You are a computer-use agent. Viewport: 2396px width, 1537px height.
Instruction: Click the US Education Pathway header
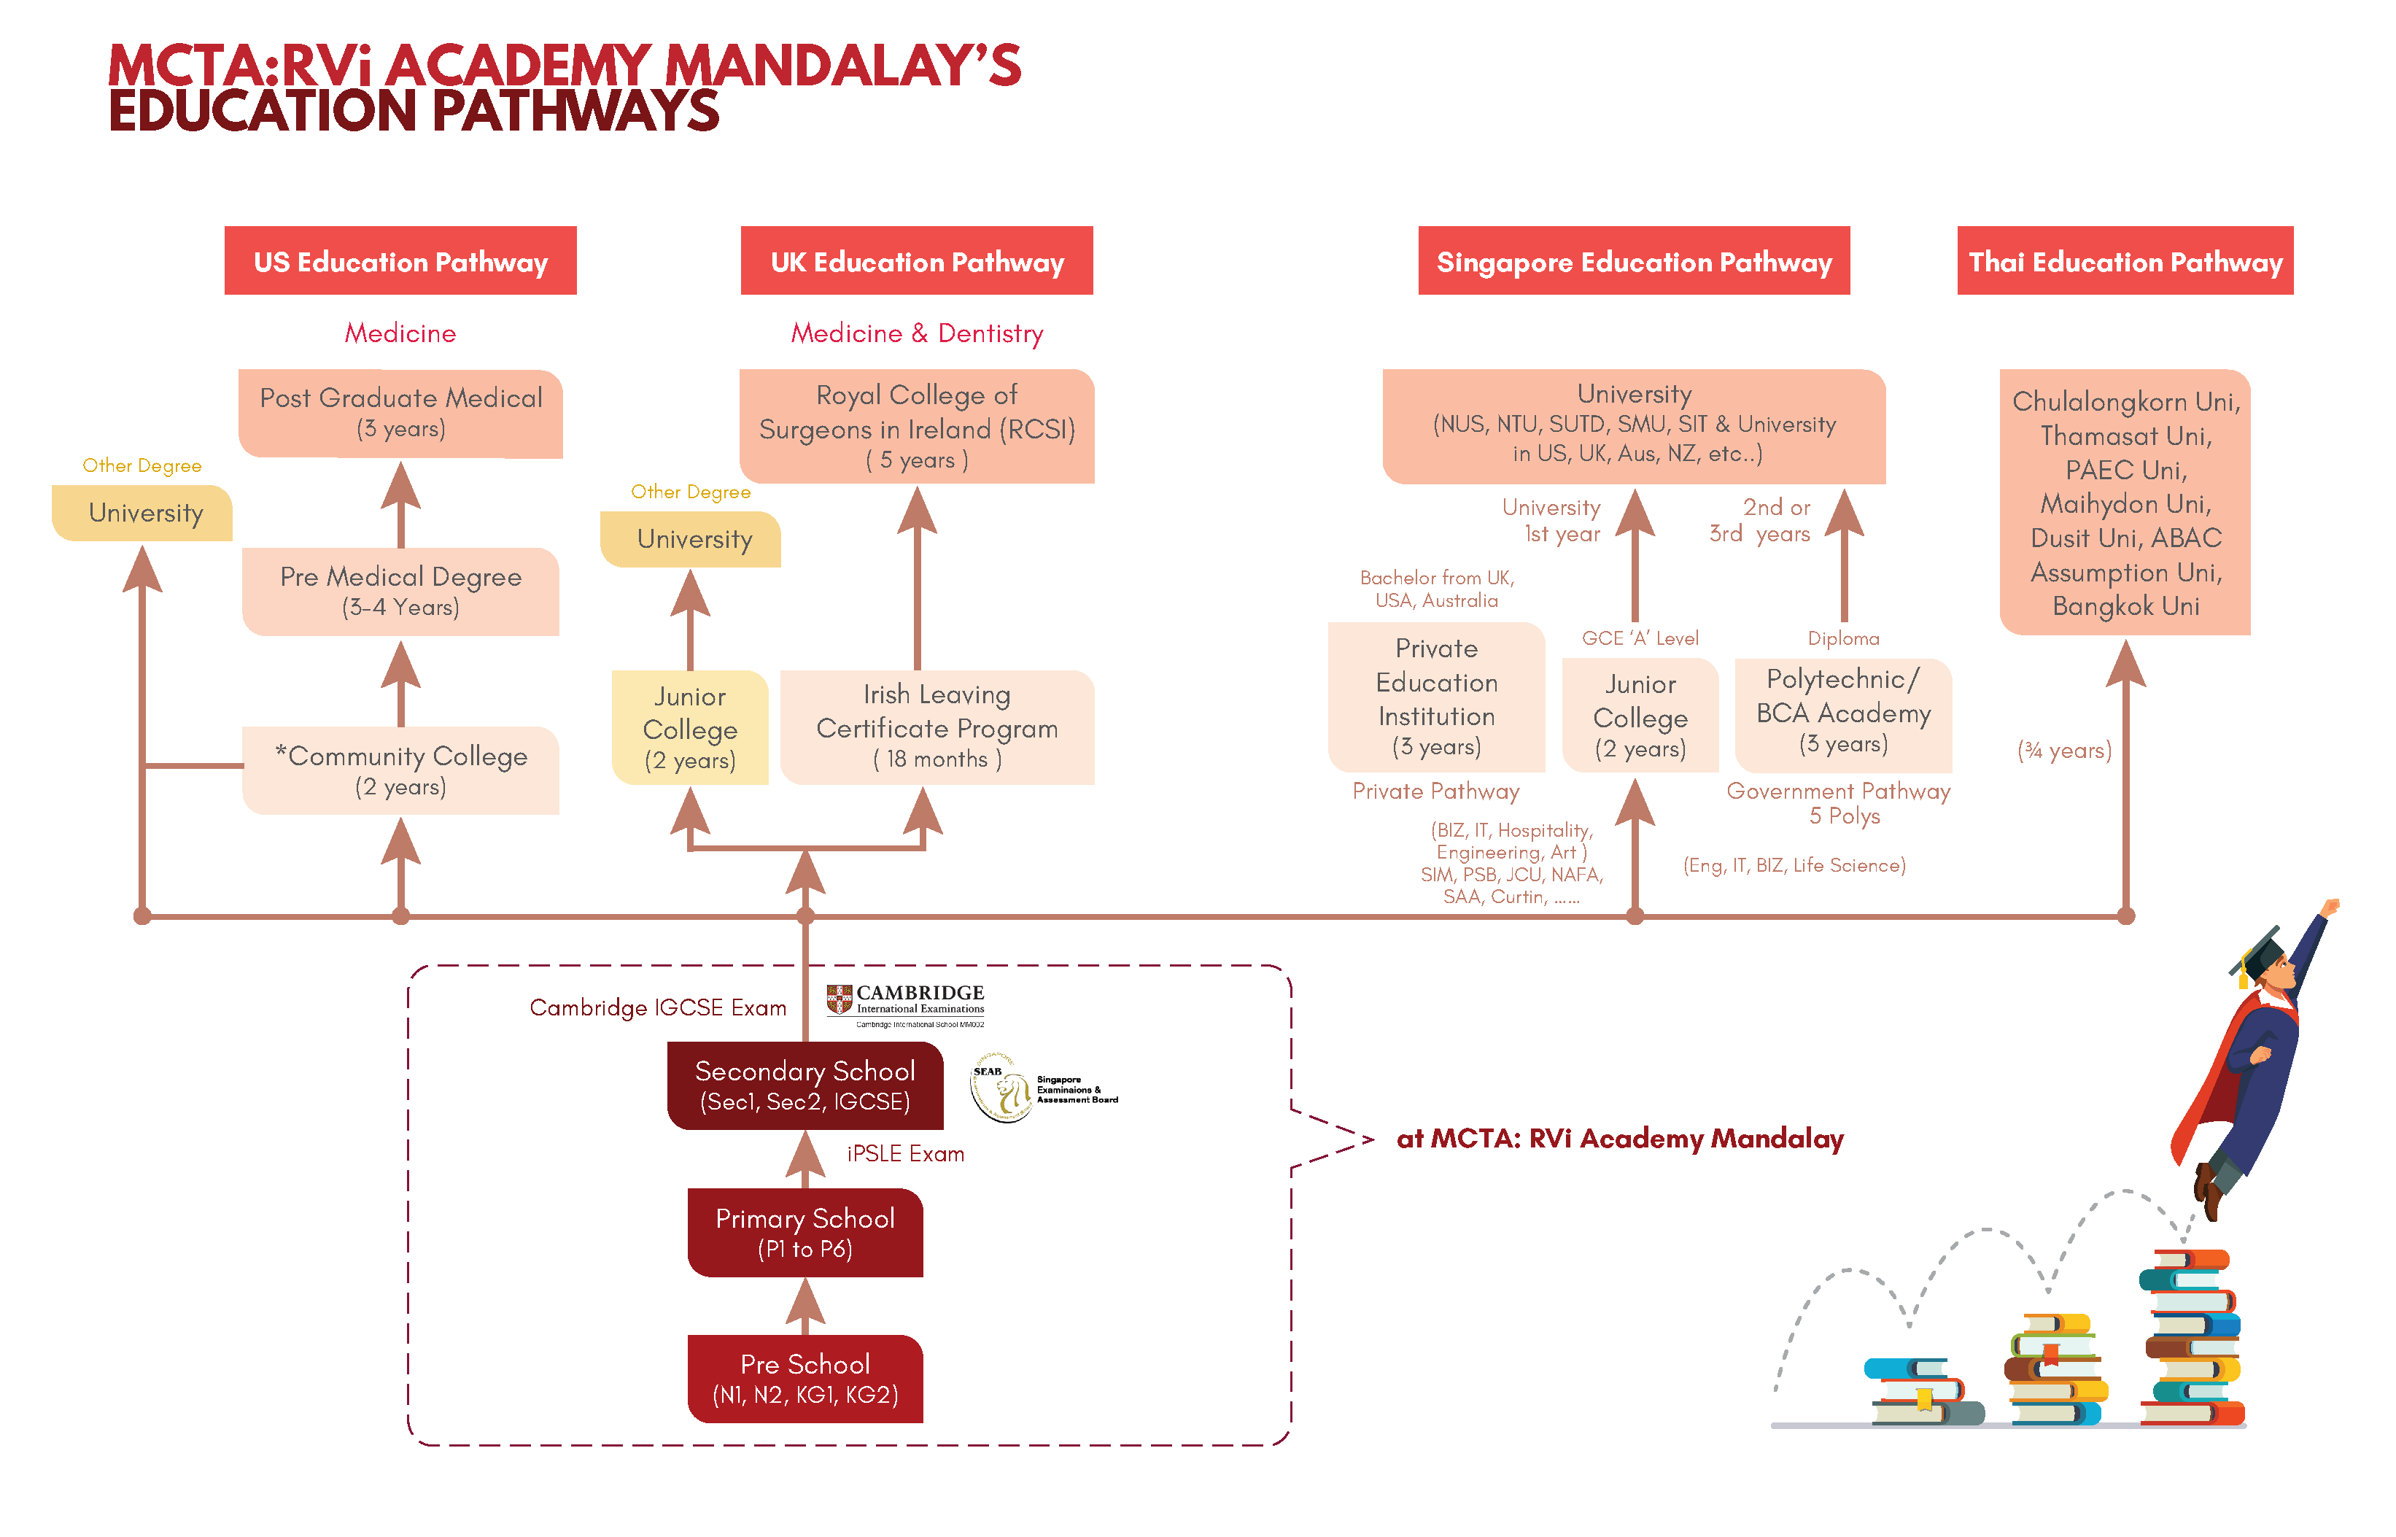400,260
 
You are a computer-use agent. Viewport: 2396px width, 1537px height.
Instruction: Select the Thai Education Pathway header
2125,260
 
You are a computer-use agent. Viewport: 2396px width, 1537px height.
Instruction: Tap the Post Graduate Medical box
400,413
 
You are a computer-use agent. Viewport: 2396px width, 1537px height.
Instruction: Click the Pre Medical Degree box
400,591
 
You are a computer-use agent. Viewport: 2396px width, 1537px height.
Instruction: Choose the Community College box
400,770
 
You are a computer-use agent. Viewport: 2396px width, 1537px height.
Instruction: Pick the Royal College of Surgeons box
916,426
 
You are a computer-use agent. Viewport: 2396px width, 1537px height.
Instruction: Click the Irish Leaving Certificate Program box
936,727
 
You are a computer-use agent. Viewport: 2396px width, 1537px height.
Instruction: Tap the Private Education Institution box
1436,697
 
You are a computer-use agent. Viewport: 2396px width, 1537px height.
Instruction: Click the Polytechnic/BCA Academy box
1842,713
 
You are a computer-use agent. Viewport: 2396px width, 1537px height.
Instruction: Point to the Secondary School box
805,1085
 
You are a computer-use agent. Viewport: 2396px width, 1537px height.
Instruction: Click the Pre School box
805,1378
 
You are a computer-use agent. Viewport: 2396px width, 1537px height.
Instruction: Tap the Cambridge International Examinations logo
905,1003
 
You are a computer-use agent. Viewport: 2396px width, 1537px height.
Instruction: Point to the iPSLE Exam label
905,1154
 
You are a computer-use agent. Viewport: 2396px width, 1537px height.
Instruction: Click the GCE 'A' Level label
1640,638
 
